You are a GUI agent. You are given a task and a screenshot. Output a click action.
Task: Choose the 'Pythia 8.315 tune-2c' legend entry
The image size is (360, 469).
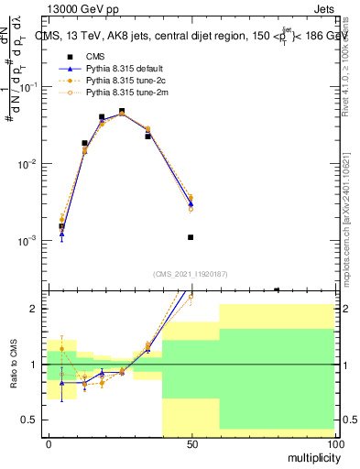point(129,81)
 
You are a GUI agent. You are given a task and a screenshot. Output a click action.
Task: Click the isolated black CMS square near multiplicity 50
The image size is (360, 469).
point(191,237)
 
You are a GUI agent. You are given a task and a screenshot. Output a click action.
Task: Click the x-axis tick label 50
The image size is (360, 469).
point(191,443)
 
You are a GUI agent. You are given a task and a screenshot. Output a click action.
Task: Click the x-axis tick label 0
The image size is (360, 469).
point(49,443)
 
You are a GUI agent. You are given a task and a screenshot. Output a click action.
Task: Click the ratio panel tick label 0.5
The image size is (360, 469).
point(34,420)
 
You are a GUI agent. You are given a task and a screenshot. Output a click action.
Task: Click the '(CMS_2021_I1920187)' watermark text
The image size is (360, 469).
point(191,273)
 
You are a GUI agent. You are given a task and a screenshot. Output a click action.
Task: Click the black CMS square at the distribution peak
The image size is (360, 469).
point(122,111)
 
